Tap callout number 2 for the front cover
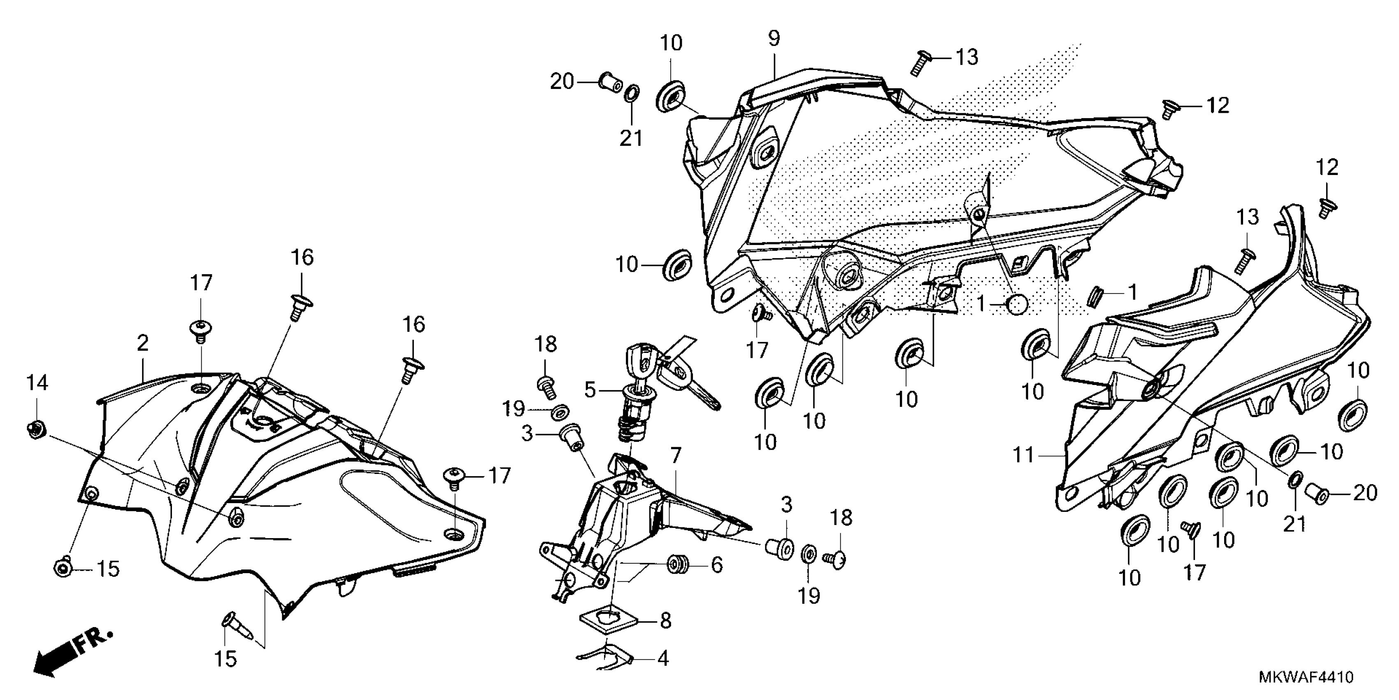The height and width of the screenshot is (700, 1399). point(142,343)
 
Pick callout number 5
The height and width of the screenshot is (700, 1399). point(590,390)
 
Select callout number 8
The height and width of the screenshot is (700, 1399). point(665,620)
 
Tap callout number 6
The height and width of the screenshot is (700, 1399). point(717,565)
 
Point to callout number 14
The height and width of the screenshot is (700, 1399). point(37,383)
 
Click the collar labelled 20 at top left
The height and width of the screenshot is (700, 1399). point(611,82)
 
